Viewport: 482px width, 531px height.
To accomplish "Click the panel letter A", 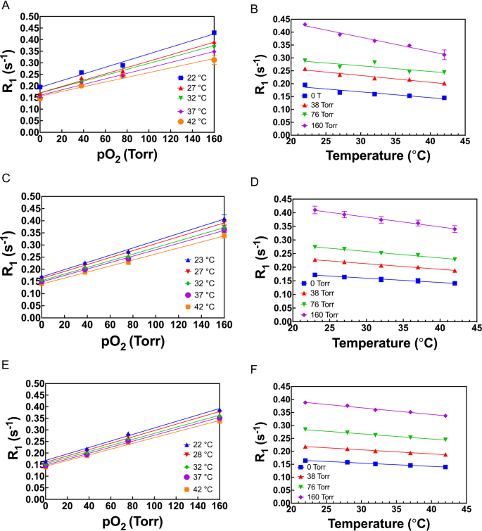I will [4, 5].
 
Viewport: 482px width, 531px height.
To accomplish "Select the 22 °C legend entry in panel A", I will [186, 77].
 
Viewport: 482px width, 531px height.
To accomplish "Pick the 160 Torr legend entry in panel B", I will [323, 125].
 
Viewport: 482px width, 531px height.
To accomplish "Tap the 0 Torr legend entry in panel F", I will [322, 466].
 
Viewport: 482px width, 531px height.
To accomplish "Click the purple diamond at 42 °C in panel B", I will [443, 55].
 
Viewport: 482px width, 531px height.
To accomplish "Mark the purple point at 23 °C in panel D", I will [315, 210].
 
